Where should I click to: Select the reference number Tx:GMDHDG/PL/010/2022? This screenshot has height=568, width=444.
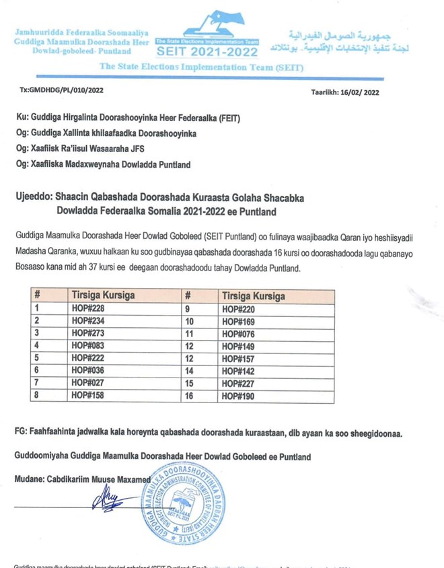click(x=62, y=89)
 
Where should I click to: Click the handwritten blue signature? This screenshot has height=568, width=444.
click(x=108, y=500)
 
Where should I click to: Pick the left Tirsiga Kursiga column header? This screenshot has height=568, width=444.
click(x=103, y=296)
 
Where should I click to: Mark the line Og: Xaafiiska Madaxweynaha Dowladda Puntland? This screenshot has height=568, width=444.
click(x=102, y=164)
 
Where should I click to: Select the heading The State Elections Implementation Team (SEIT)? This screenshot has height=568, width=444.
click(x=201, y=67)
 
